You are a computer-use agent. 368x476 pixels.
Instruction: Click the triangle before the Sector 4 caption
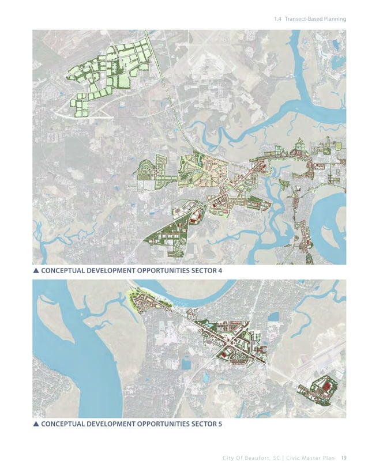36,270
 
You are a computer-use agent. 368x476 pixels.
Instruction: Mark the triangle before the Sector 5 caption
36,425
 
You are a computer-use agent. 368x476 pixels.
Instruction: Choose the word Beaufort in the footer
251,459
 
